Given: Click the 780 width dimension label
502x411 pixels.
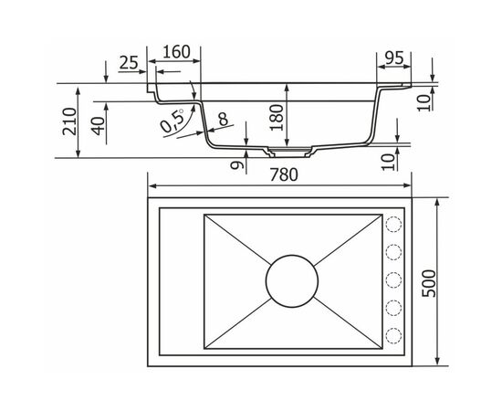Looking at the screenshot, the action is (x=284, y=174).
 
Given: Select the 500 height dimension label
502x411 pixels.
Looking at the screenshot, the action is (x=429, y=284).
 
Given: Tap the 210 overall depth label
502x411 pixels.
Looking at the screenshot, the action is (x=69, y=121).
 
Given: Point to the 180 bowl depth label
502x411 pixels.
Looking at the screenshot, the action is (x=277, y=117).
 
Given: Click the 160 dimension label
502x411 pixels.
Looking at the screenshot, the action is (x=177, y=52).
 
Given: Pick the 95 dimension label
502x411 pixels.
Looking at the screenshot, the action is (x=394, y=58).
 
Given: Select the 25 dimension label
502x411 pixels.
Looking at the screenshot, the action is (x=129, y=63).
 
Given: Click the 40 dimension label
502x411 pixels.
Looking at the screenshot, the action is (x=99, y=126).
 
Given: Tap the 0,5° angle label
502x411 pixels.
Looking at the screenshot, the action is (x=173, y=121).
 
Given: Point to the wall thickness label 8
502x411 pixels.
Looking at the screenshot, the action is (x=223, y=119).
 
